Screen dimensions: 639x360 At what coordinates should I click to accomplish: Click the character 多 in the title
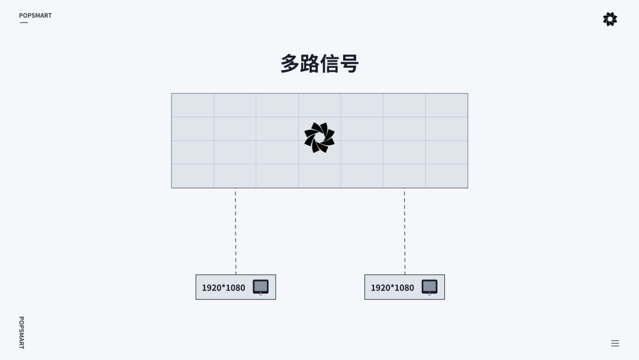coord(290,64)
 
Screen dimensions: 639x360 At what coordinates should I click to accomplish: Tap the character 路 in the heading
coord(309,64)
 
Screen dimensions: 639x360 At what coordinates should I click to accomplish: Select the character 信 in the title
coord(330,64)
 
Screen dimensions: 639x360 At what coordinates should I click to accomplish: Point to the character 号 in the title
coord(350,64)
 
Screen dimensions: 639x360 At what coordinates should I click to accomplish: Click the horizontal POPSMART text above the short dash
coord(35,15)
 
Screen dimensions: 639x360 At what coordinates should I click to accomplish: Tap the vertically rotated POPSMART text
coord(21,332)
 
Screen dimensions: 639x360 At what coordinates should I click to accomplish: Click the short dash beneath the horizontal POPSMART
coord(24,22)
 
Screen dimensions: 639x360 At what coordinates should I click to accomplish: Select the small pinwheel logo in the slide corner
coord(610,19)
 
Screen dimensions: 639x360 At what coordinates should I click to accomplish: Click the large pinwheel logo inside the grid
coord(319,137)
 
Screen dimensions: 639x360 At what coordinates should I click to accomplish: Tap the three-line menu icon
coord(615,343)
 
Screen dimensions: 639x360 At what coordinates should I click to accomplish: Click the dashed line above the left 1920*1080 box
coord(235,231)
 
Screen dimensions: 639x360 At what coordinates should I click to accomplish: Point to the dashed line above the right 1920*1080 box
coord(405,231)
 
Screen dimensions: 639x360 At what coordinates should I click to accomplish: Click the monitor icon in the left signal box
coord(260,287)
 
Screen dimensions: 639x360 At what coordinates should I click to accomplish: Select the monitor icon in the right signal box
coord(430,287)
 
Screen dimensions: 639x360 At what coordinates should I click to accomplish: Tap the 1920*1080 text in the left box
coord(224,288)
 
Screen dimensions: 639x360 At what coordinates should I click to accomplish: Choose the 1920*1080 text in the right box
coord(392,288)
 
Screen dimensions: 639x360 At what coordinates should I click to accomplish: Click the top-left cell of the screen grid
coord(193,105)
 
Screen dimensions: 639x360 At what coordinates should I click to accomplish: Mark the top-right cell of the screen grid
coord(447,105)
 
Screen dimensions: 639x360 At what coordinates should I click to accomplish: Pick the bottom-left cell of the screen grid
coord(193,176)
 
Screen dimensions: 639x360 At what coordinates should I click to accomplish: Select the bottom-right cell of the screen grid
coord(447,176)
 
